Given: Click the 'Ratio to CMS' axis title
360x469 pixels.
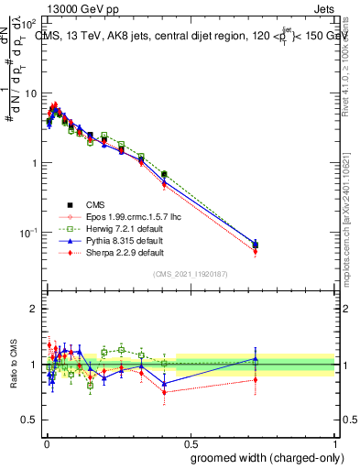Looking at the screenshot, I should click(13, 365).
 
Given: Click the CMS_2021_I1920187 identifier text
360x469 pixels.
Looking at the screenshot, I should click(190, 274).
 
